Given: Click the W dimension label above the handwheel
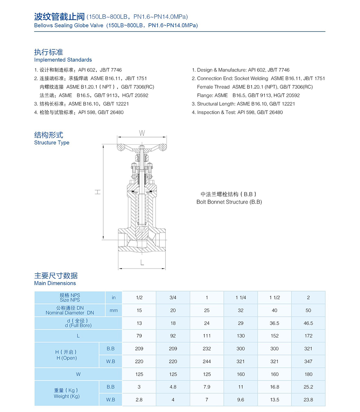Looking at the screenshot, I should (142, 133).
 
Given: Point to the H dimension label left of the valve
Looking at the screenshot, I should (97, 192).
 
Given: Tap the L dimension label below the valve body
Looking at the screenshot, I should (142, 263).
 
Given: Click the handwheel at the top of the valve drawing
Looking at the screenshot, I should (142, 147).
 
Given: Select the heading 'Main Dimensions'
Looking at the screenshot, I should (55, 283).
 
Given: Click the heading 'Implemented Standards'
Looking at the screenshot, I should (63, 60).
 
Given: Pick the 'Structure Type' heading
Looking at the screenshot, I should (52, 143).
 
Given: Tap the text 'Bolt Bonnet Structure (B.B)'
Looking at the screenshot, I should (229, 202).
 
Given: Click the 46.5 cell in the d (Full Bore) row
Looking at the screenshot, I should (308, 323).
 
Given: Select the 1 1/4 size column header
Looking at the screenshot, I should (241, 298).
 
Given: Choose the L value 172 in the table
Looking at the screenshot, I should (308, 336).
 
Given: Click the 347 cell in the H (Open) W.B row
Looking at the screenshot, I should (308, 361).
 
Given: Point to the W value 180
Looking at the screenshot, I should (308, 374).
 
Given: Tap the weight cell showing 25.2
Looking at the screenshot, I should (308, 387).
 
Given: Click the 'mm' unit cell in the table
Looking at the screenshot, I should (114, 310).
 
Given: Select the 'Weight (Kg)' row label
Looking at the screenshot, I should (67, 396).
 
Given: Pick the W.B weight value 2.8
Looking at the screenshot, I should (139, 400).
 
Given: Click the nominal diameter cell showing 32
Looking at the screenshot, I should (241, 310).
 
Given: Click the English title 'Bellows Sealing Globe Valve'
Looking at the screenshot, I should (69, 25).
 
